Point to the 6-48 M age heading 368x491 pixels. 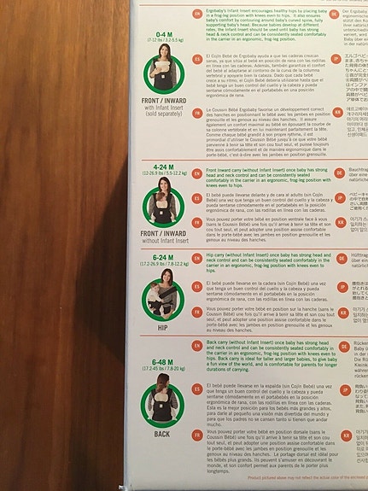161,363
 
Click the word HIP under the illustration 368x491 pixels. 161,325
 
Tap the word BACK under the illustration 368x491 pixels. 161,433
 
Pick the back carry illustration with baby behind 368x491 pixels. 161,401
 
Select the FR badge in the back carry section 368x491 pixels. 197,434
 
